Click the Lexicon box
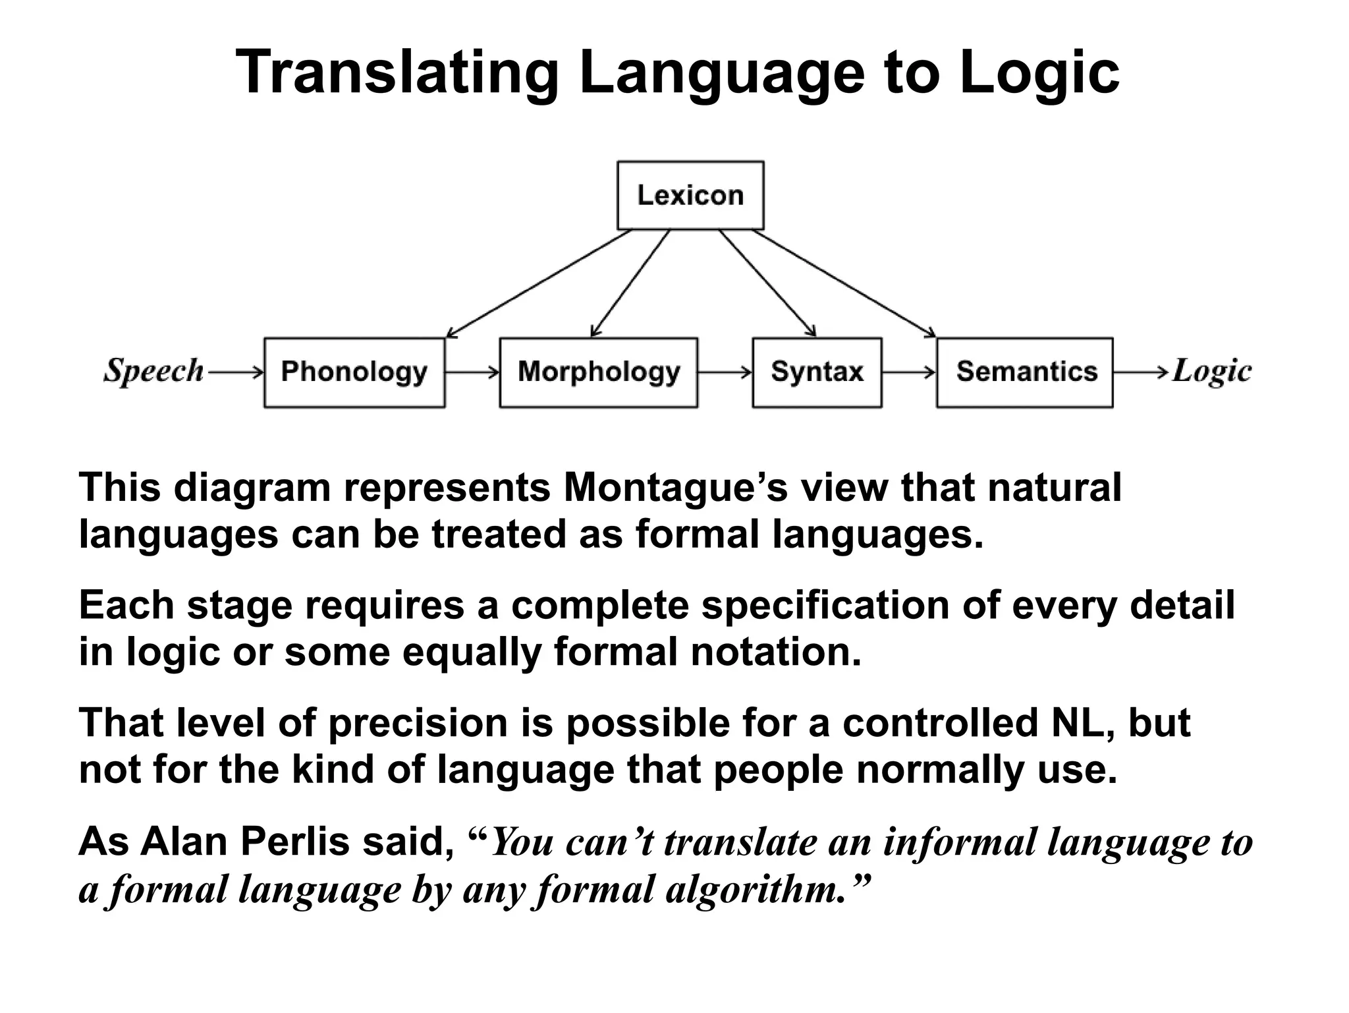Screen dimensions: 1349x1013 pyautogui.click(x=690, y=195)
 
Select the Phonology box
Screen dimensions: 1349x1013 pyautogui.click(x=354, y=372)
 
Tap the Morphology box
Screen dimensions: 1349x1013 pyautogui.click(x=598, y=372)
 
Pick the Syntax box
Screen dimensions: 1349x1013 pyautogui.click(x=817, y=372)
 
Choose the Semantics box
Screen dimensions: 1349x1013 pyautogui.click(x=1025, y=372)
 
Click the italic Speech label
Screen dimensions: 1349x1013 pyautogui.click(x=153, y=371)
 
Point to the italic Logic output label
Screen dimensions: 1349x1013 pyautogui.click(x=1212, y=372)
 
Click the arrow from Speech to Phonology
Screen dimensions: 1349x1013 pyautogui.click(x=235, y=373)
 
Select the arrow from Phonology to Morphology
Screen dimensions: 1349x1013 pyautogui.click(x=472, y=373)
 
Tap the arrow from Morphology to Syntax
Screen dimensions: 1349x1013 pyautogui.click(x=725, y=373)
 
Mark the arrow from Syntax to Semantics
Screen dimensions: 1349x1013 pyautogui.click(x=909, y=373)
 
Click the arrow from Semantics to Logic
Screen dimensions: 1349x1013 pyautogui.click(x=1142, y=373)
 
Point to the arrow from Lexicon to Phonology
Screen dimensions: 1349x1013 pyautogui.click(x=539, y=283)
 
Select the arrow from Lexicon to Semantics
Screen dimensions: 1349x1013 pyautogui.click(x=844, y=283)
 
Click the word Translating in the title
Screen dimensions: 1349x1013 pyautogui.click(x=397, y=72)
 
